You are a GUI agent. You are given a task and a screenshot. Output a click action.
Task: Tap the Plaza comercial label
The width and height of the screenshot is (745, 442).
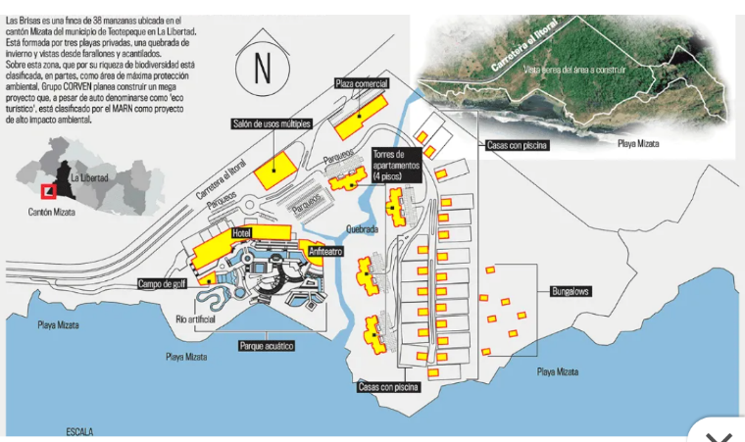(362, 83)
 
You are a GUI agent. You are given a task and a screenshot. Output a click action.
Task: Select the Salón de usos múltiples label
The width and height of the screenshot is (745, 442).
(272, 123)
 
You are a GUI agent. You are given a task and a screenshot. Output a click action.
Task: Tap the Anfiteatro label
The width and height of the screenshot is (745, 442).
(324, 251)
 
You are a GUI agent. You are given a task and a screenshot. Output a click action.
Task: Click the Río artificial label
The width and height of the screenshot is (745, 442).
(195, 319)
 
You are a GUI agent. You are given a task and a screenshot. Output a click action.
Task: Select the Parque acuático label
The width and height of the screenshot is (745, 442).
(267, 346)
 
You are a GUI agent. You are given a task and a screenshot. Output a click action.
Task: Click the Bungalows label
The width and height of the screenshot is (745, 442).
(569, 292)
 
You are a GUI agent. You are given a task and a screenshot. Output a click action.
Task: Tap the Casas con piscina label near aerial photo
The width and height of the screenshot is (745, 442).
(516, 145)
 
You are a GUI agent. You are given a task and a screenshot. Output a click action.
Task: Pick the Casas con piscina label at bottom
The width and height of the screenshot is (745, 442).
(388, 387)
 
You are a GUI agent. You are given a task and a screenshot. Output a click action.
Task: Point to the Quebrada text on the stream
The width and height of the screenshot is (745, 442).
(362, 229)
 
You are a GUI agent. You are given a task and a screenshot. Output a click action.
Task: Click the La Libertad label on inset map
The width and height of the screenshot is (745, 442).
(89, 178)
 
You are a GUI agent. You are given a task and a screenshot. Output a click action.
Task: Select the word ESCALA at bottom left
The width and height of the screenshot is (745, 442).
(80, 431)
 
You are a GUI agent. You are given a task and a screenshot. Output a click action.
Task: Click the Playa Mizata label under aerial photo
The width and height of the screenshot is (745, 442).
(638, 143)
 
